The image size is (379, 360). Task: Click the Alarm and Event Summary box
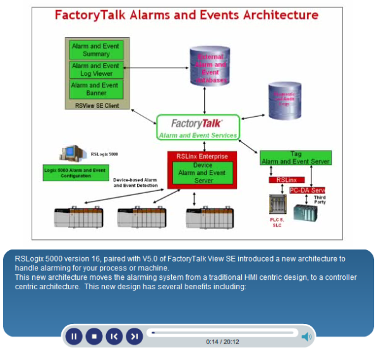(97, 50)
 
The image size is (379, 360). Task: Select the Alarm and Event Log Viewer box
(97, 69)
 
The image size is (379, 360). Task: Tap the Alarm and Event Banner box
(97, 89)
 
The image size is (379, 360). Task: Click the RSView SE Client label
(97, 105)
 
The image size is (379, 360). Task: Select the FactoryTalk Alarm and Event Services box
(198, 127)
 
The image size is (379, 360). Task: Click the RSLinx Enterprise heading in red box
(202, 155)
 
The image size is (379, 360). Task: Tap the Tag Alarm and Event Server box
(296, 158)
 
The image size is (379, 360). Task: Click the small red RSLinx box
(286, 180)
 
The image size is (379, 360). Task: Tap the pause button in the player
(74, 337)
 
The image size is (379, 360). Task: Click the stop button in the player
(94, 337)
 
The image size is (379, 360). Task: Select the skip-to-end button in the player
(134, 337)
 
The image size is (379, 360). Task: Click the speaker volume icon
(306, 337)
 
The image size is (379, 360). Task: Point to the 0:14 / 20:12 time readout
(222, 342)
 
